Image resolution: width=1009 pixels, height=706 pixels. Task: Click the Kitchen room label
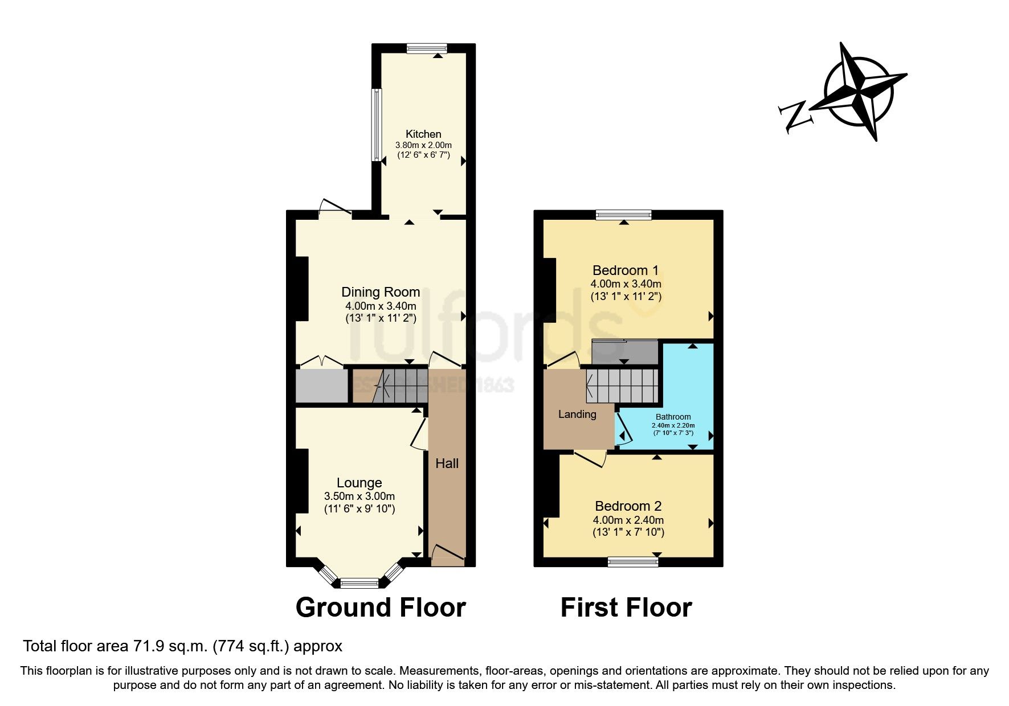423,134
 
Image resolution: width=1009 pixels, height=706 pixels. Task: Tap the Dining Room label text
381,292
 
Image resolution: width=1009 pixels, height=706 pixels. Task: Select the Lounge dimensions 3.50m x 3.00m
359,496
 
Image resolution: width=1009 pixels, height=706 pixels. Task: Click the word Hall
447,463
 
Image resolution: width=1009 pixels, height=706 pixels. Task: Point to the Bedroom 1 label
626,270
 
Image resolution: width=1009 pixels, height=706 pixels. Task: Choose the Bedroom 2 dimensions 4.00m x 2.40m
628,520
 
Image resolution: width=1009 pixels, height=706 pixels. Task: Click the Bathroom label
673,417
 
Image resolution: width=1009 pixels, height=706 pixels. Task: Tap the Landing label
577,414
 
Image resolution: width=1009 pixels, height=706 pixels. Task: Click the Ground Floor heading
381,608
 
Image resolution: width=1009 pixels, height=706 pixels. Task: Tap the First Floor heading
626,608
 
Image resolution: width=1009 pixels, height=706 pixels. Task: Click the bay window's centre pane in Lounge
359,582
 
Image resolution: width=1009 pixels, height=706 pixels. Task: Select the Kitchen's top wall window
427,48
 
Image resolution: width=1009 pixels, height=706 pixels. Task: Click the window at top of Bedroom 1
624,215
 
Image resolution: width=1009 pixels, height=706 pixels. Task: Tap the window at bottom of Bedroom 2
633,563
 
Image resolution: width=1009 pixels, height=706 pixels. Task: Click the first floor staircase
622,385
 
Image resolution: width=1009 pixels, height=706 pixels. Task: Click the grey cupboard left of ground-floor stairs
321,386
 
